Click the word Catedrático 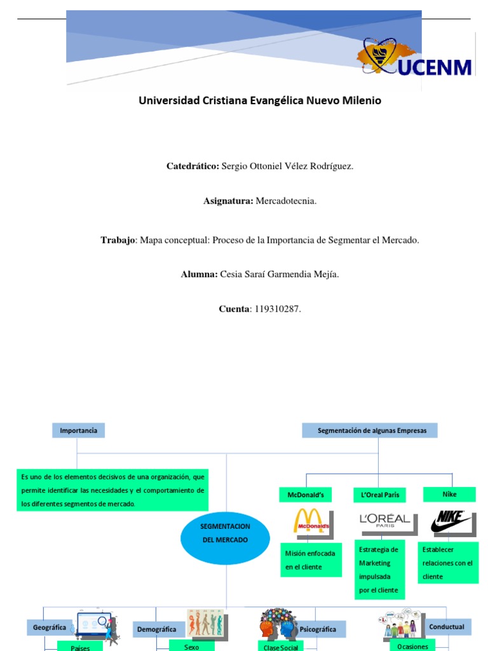[x=193, y=166]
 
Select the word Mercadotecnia [x=285, y=202]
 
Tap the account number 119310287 [x=276, y=309]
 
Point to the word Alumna [x=199, y=274]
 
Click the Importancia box [x=78, y=431]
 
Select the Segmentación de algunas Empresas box [x=369, y=431]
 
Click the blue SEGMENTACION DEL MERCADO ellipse [x=225, y=533]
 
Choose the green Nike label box [x=449, y=494]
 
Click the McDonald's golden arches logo [x=311, y=521]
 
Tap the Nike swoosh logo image [x=452, y=521]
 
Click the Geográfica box [x=50, y=627]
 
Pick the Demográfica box [x=156, y=629]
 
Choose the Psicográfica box [x=317, y=629]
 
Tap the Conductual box [x=446, y=627]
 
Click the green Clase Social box [x=280, y=647]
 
